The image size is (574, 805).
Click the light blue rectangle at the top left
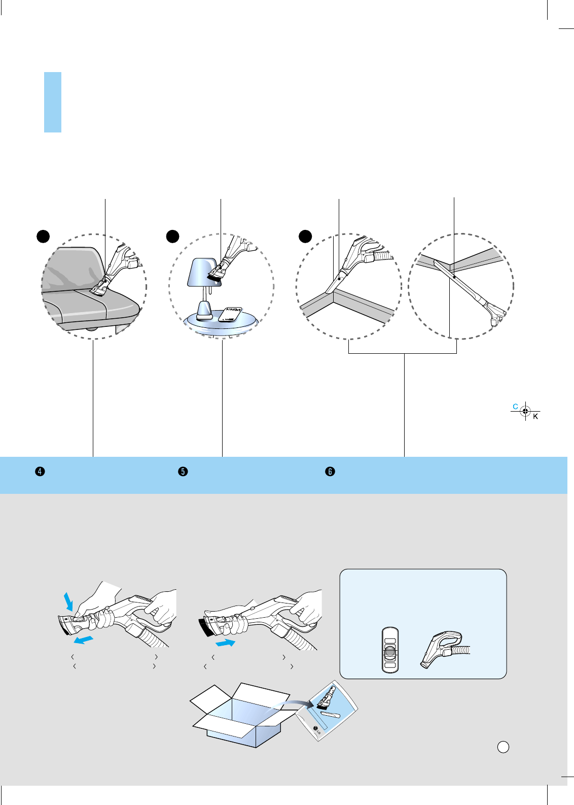53,102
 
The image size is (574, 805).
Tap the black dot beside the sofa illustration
44,236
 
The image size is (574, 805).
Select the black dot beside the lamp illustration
173,236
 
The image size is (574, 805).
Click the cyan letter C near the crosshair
515,407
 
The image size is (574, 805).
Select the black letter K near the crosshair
535,417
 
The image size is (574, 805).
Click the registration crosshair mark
525,411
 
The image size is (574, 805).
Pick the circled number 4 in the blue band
40,472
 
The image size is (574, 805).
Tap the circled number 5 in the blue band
183,472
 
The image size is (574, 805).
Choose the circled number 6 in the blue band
330,472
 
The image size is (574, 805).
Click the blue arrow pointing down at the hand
69,600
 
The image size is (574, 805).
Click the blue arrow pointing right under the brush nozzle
225,643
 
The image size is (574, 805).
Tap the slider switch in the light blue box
390,651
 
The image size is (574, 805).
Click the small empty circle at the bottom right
503,747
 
